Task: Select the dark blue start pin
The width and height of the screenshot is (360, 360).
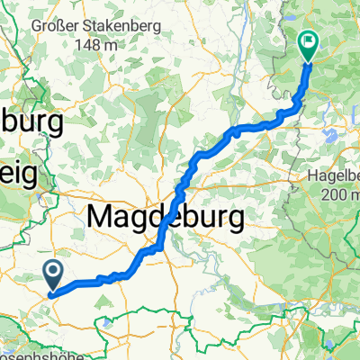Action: [x=51, y=275]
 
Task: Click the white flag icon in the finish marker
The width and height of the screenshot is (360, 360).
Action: [x=309, y=40]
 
